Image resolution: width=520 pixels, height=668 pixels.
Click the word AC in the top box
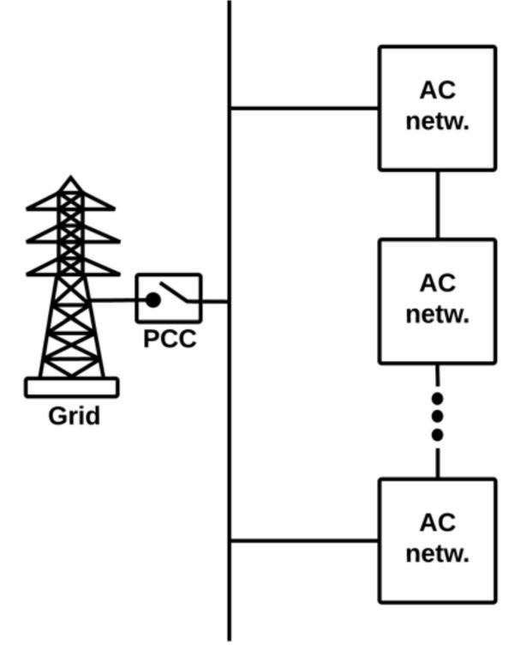(x=437, y=90)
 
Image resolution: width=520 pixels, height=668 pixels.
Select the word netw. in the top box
(x=438, y=120)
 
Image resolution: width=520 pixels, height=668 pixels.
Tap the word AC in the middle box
(x=437, y=283)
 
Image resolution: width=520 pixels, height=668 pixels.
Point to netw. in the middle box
(x=438, y=314)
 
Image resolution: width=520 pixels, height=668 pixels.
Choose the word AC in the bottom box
(x=437, y=522)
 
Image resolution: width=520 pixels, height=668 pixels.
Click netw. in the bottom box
(x=438, y=553)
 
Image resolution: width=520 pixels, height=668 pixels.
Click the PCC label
(x=169, y=340)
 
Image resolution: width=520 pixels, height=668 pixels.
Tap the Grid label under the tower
(x=73, y=417)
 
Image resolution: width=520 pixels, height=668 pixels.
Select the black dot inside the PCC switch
(x=152, y=300)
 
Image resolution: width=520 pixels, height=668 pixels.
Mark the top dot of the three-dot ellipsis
(x=438, y=399)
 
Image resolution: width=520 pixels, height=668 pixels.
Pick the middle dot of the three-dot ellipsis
(x=438, y=417)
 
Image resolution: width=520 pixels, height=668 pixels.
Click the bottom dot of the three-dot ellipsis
(x=438, y=436)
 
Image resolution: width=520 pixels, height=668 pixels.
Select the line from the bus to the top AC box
(x=304, y=109)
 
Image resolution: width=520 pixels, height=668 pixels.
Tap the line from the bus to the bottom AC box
(x=304, y=541)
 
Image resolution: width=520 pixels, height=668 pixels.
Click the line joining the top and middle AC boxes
(x=438, y=204)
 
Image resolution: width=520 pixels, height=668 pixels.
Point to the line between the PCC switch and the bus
(x=215, y=301)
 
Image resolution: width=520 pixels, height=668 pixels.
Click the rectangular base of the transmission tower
(x=72, y=388)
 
